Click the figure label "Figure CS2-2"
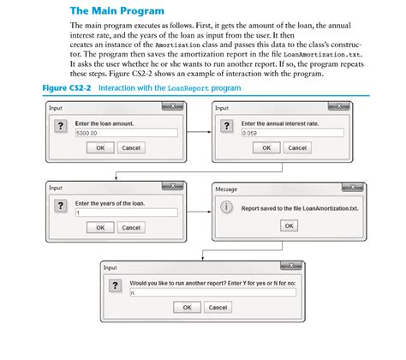68,88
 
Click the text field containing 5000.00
125,133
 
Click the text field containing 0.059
291,133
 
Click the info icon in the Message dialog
226,207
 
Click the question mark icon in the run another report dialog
116,286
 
